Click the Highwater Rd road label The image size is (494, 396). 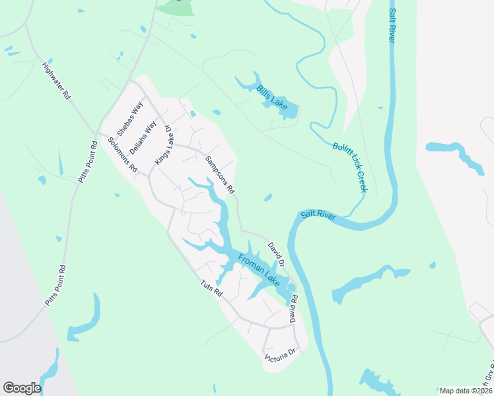coord(56,81)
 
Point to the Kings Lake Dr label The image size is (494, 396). coord(162,145)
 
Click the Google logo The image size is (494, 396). coord(22,388)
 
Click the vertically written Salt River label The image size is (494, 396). coord(392,26)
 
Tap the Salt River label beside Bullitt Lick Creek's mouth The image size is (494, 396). coord(318,215)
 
